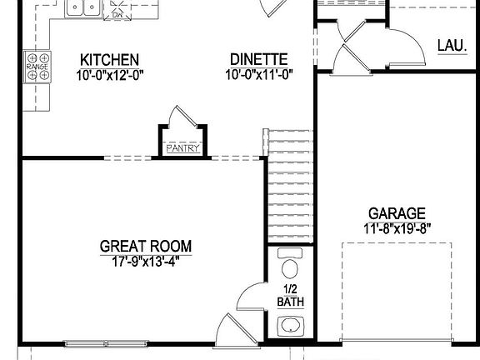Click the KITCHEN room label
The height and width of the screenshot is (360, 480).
pos(109,60)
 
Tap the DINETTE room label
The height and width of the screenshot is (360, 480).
pos(258,60)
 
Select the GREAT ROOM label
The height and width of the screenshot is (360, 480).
pos(146,246)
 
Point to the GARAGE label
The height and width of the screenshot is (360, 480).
pos(397,213)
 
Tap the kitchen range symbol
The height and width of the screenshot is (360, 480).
pos(37,66)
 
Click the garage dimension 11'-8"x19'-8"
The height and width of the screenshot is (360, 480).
pos(397,227)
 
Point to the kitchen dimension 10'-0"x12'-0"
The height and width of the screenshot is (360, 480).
pos(109,74)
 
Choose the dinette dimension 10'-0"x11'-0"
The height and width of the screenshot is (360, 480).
pos(258,74)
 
